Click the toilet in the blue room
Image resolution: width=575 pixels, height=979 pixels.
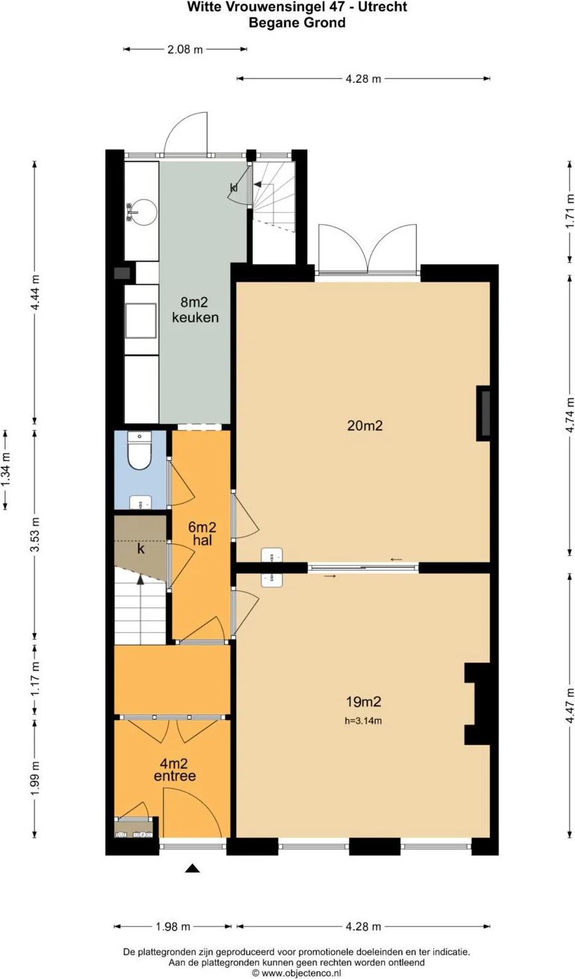click(140, 450)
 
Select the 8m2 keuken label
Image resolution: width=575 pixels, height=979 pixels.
click(195, 309)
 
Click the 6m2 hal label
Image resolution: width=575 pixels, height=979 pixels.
click(202, 533)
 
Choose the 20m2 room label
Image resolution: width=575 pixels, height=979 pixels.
click(365, 425)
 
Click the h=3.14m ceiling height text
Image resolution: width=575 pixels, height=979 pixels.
click(363, 721)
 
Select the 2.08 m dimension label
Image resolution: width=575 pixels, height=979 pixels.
click(185, 49)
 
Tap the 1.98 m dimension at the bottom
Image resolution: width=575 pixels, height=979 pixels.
click(173, 926)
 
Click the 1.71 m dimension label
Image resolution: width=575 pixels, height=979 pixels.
click(569, 211)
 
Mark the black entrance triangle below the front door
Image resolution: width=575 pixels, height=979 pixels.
click(192, 868)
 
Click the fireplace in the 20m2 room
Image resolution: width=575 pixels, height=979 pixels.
click(483, 413)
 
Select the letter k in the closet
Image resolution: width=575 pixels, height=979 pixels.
click(141, 549)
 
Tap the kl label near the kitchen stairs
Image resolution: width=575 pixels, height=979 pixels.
click(234, 188)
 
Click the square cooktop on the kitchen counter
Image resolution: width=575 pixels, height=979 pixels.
click(141, 321)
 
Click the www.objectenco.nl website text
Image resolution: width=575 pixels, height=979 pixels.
click(300, 973)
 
